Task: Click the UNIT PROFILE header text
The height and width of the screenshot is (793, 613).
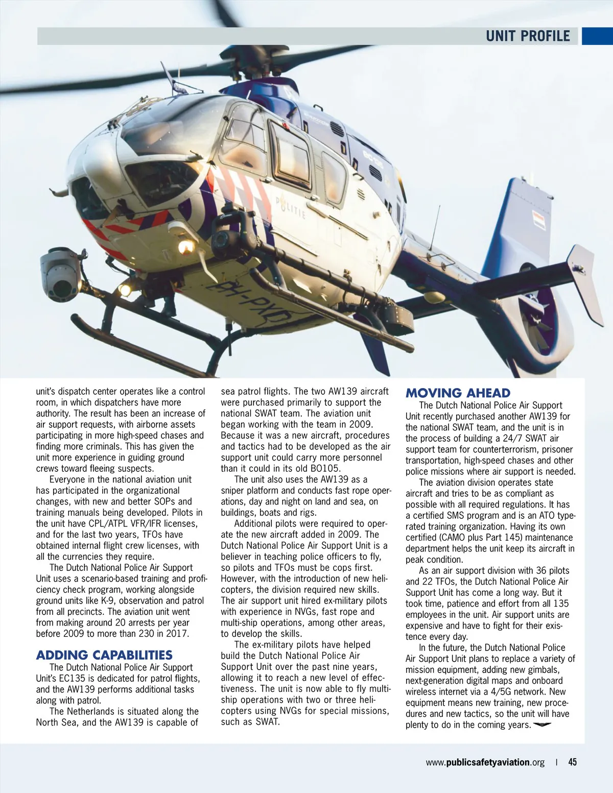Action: [527, 36]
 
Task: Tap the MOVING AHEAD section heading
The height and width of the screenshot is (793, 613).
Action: [458, 393]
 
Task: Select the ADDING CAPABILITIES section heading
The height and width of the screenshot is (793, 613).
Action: [104, 655]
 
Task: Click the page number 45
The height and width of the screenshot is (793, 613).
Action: [573, 762]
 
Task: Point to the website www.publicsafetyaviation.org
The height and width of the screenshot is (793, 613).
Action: [485, 762]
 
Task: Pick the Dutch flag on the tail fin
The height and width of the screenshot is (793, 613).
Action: [539, 220]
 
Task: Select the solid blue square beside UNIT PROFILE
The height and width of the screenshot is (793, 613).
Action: [597, 36]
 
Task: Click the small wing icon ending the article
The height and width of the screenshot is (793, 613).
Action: [543, 725]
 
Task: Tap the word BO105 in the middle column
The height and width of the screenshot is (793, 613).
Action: [325, 468]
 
